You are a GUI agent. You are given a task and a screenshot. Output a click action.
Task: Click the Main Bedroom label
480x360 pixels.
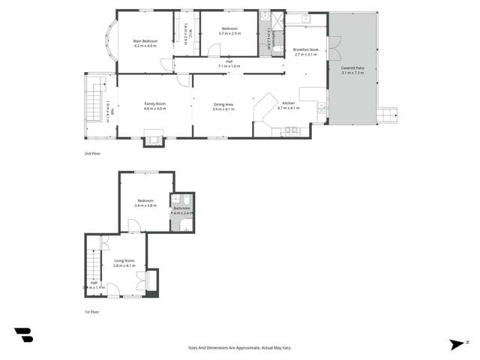click(x=144, y=40)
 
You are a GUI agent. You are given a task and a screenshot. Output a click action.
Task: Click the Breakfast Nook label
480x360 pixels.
click(x=307, y=49)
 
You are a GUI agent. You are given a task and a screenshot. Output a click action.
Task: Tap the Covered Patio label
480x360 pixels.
click(x=352, y=67)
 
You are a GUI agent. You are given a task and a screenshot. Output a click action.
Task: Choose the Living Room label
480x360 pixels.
click(x=124, y=260)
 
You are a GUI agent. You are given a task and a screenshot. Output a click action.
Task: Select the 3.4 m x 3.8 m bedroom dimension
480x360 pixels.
click(x=145, y=205)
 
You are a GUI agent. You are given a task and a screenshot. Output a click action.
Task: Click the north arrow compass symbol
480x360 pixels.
click(x=456, y=344)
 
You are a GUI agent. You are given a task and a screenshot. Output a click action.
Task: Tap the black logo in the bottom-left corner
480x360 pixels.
click(x=23, y=334)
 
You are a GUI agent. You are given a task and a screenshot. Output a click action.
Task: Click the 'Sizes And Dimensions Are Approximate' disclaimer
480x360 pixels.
click(x=240, y=347)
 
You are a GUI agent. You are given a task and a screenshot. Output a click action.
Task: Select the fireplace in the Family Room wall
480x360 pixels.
click(x=153, y=136)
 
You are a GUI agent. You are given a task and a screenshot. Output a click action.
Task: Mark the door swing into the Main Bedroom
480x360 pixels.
click(x=163, y=64)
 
